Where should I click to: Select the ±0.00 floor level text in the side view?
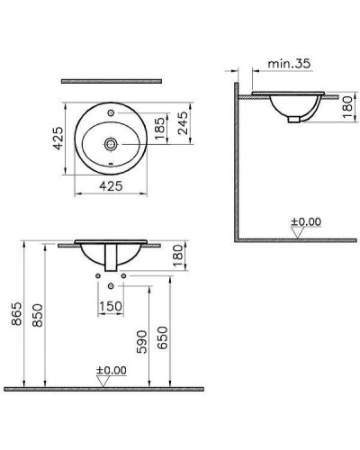[x=306, y=220]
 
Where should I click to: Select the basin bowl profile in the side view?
[x=293, y=107]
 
